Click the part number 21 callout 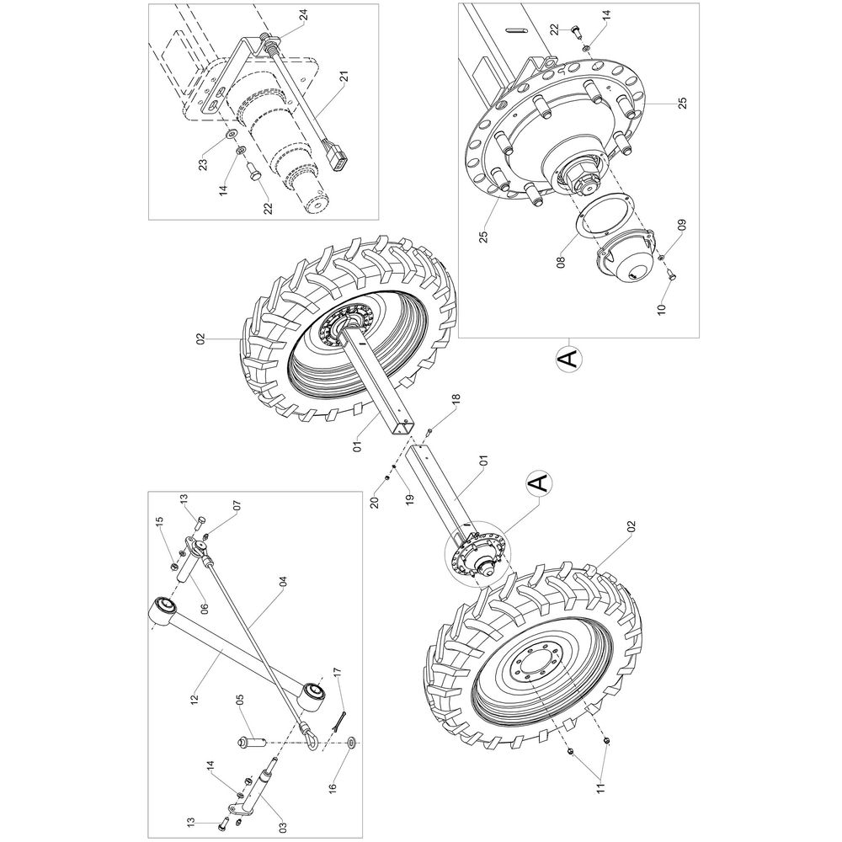tap(344, 78)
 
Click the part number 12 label tap(194, 700)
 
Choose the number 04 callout tap(284, 582)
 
